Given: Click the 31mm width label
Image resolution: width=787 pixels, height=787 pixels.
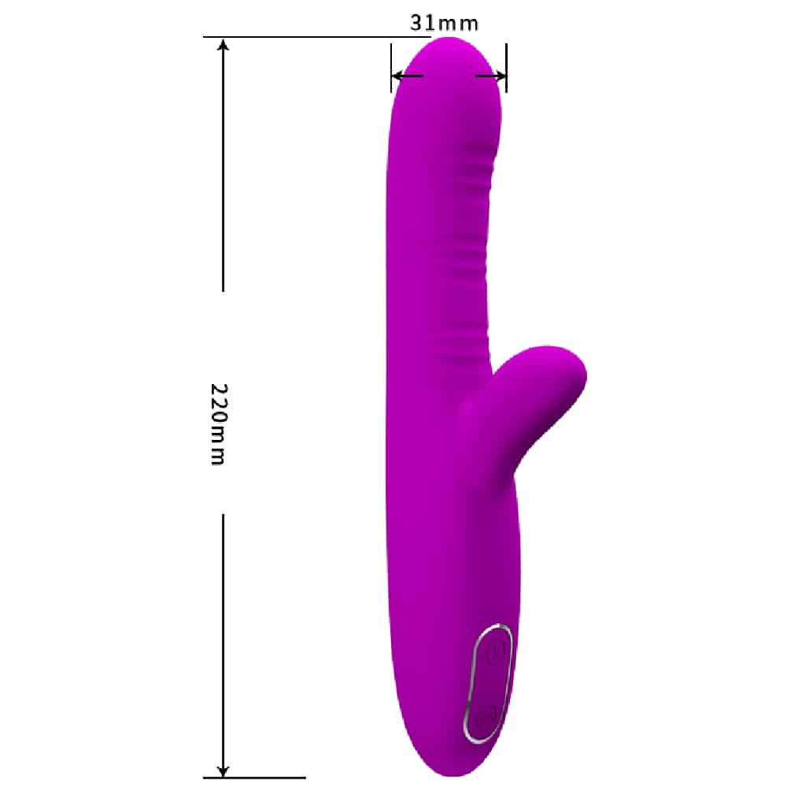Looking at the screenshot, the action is tap(444, 23).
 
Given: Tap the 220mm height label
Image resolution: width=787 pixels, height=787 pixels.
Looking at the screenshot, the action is tap(218, 424).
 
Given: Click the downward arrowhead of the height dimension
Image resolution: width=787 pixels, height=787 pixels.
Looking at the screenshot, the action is tap(224, 770).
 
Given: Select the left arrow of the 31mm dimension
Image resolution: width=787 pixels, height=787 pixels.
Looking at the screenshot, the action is tap(407, 76).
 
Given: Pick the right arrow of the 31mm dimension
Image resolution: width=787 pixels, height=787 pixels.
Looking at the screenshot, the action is tap(490, 76).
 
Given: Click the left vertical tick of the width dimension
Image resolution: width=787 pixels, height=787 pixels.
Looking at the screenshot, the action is tap(391, 68).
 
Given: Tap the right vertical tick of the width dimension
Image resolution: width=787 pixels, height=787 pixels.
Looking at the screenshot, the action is tap(506, 68).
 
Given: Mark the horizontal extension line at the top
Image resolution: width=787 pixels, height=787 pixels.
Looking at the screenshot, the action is tap(316, 37).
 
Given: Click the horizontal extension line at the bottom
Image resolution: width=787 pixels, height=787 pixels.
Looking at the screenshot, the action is tap(254, 778).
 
